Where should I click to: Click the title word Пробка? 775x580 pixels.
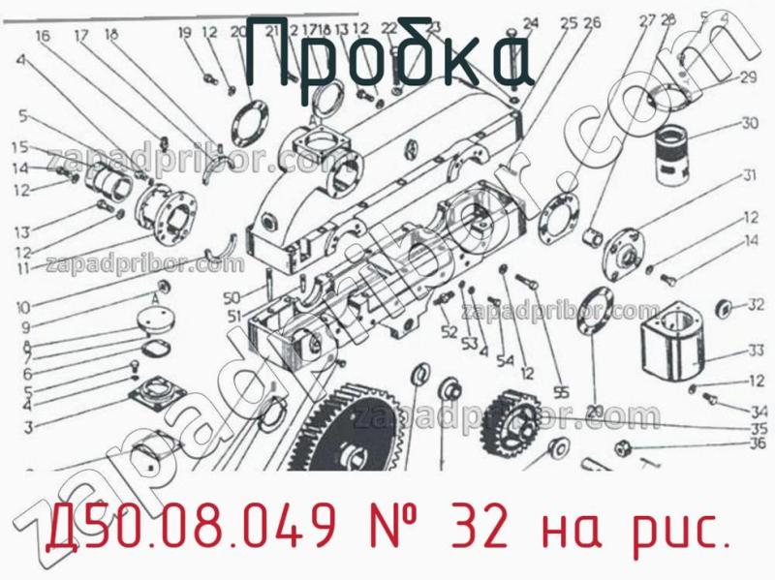tap(387, 58)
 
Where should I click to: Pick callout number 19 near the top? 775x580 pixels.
tap(184, 34)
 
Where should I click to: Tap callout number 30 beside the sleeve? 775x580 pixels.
tap(749, 123)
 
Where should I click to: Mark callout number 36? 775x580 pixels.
tap(758, 444)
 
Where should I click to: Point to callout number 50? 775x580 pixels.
tap(231, 296)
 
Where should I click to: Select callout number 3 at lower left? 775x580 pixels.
tap(28, 427)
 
